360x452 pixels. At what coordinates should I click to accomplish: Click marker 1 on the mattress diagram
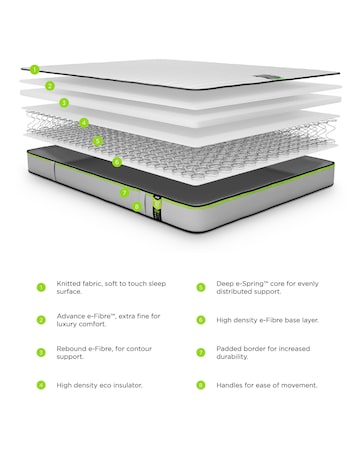point(34,70)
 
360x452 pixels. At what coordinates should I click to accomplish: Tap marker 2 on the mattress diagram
point(50,86)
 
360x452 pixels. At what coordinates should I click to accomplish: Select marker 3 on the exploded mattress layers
point(64,102)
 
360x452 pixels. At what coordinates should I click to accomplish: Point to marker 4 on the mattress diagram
point(84,123)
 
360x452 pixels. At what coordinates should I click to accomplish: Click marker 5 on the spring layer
point(98,141)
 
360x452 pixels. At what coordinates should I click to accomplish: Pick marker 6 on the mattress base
point(117,161)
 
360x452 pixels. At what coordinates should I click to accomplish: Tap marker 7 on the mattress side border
point(125,191)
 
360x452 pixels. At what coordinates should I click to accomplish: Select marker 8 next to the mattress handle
point(137,206)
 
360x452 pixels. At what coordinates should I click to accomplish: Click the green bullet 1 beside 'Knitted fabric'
point(41,287)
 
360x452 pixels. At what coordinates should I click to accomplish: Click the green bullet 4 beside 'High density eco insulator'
point(41,384)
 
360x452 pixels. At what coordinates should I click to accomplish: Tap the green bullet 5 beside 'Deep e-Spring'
point(201,287)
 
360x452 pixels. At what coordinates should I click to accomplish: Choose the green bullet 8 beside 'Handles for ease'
point(201,384)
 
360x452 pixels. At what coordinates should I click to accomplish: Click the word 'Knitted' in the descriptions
point(70,284)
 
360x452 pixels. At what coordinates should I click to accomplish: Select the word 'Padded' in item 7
point(230,348)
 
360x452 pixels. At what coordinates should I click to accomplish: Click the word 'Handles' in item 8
point(232,384)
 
